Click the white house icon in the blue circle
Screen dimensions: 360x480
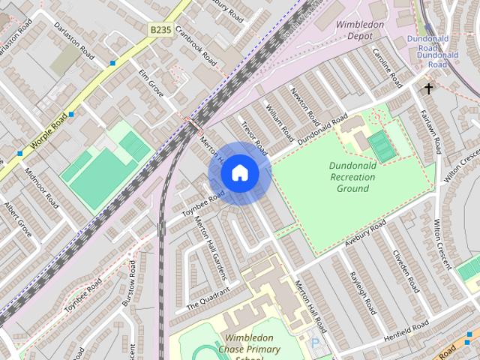239,173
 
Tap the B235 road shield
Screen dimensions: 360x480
160,29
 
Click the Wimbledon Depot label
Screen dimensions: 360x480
361,29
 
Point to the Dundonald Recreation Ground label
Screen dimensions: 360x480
351,177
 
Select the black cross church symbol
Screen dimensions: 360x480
429,89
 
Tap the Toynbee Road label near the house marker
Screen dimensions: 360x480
204,202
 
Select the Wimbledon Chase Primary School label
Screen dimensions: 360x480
253,348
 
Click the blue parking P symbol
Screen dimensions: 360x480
315,343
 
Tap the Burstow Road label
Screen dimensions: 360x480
133,281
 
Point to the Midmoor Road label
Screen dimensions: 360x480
41,187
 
